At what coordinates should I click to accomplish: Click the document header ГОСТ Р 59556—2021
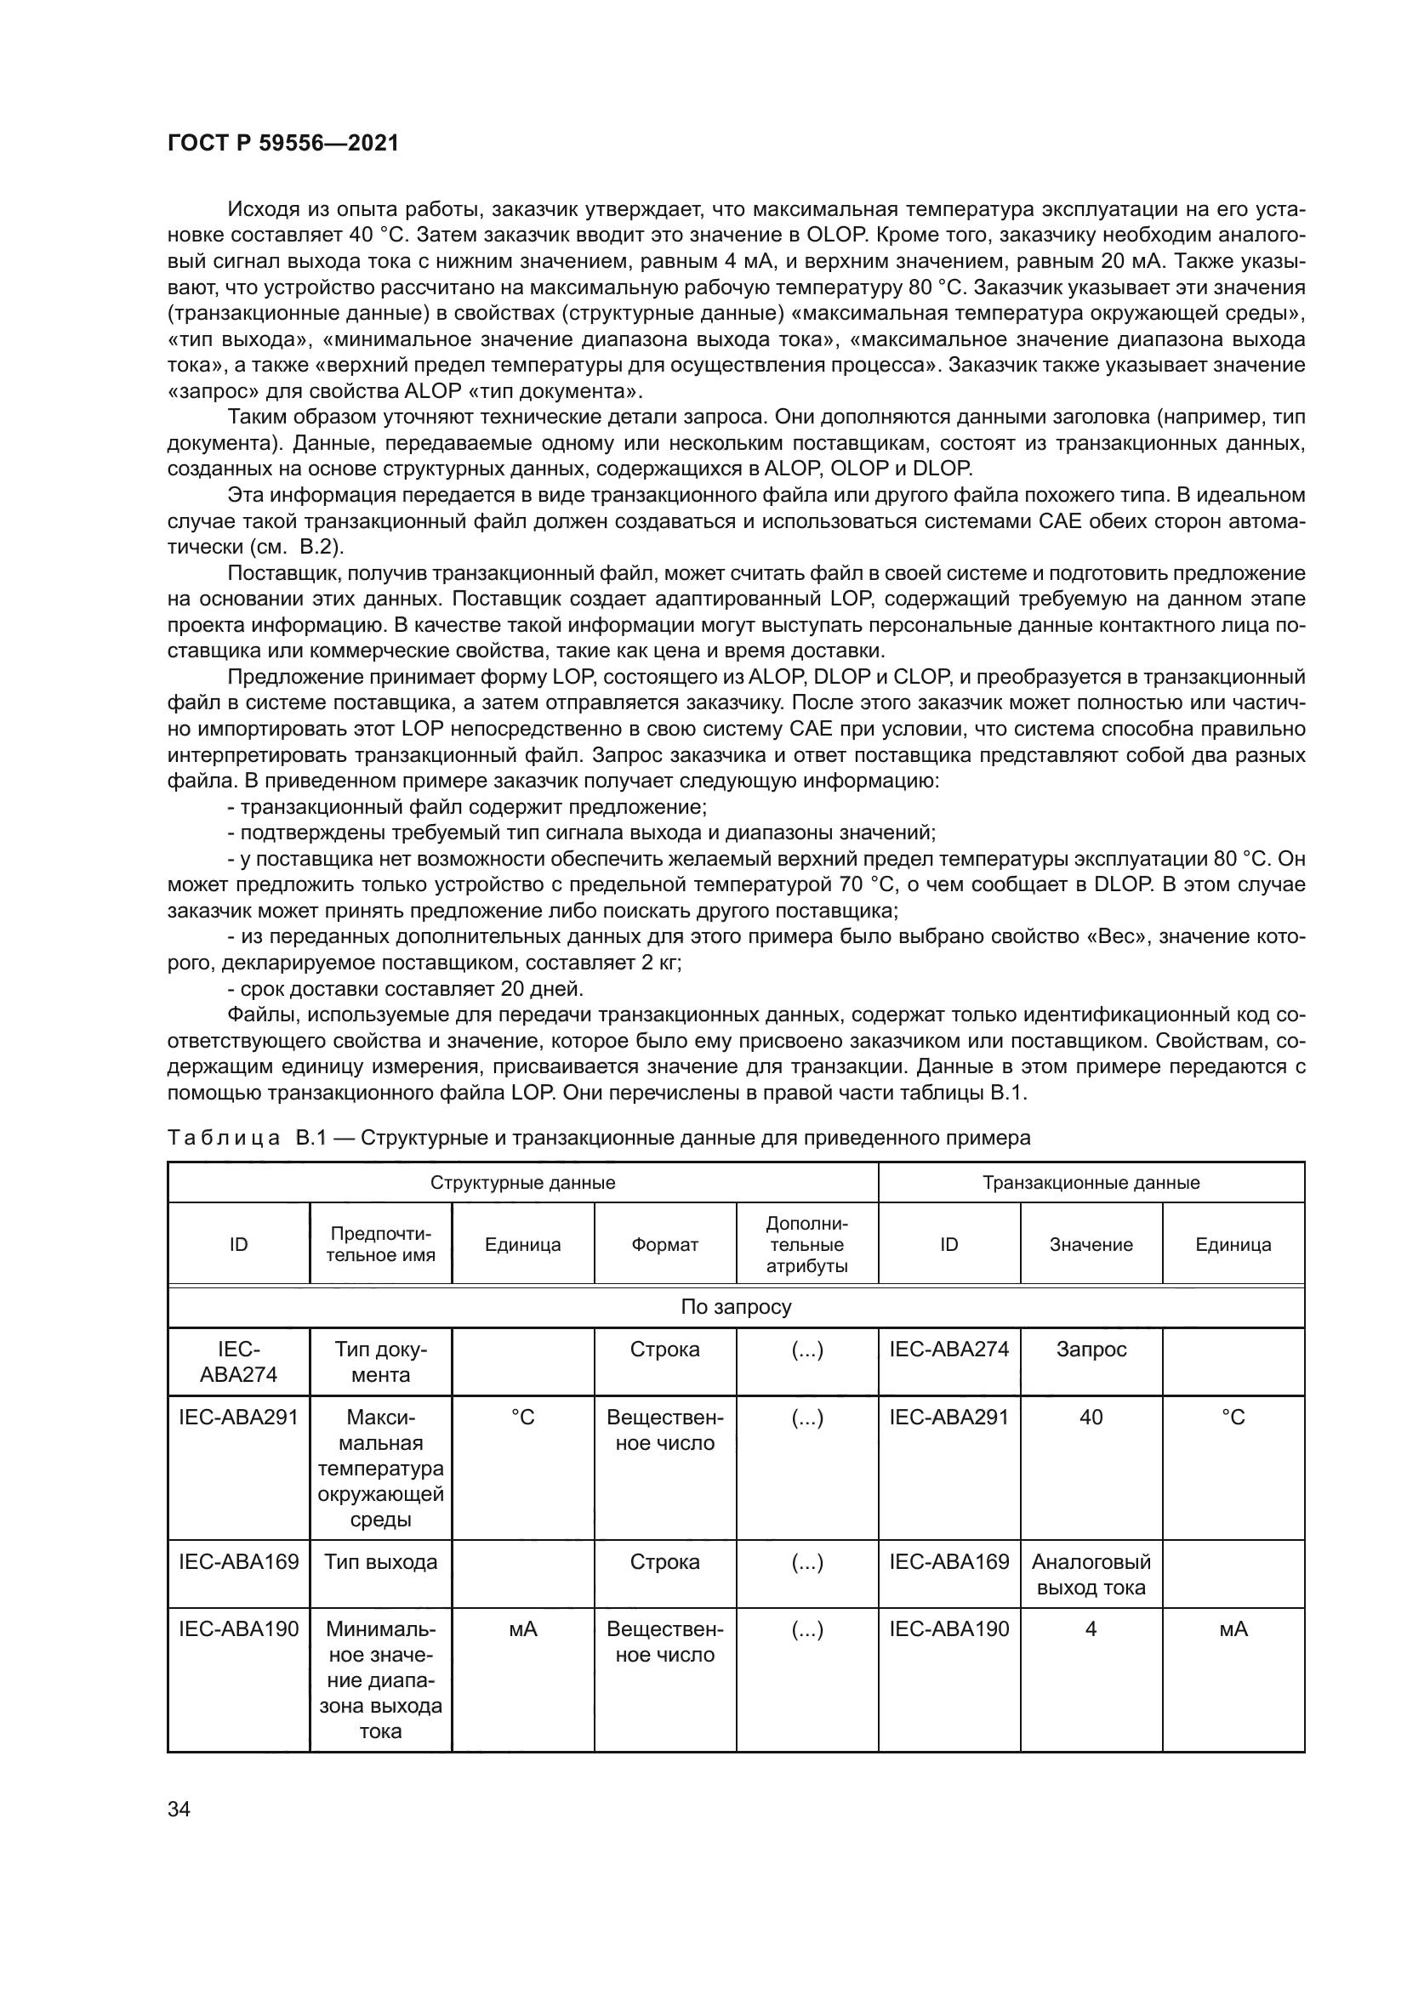283,143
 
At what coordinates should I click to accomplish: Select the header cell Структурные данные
522,1183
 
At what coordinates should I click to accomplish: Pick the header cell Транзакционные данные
1091,1183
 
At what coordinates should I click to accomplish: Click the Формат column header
664,1244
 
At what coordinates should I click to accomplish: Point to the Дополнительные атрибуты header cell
806,1244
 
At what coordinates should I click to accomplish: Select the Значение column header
1091,1244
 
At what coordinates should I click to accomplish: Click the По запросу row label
736,1306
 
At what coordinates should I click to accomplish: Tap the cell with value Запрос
1091,1349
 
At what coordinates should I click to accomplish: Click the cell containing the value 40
1091,1417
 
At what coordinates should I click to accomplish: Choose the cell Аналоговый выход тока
1091,1574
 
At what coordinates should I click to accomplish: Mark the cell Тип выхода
380,1561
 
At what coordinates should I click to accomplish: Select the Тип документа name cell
380,1361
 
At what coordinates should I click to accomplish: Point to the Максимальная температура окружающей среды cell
380,1468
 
